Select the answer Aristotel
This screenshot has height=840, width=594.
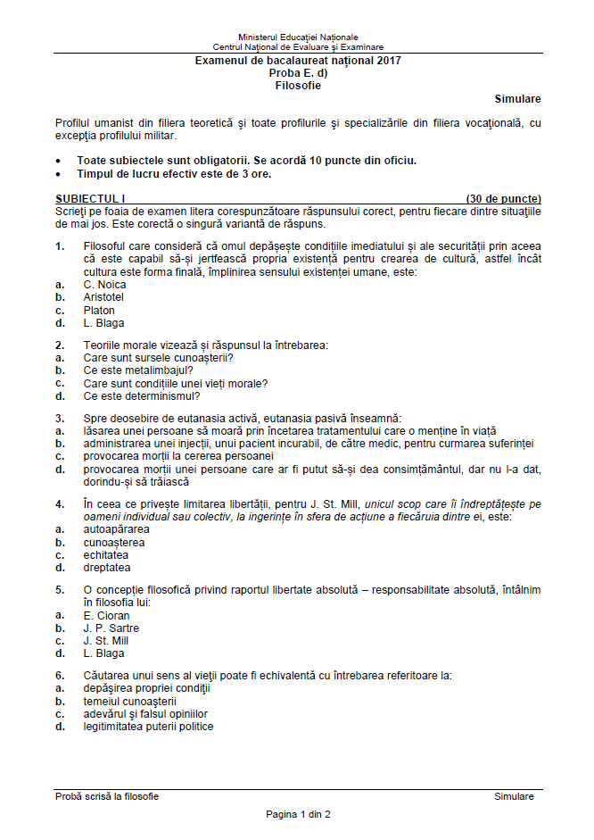[103, 297]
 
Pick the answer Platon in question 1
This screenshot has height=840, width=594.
[99, 311]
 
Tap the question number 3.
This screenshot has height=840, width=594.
[59, 418]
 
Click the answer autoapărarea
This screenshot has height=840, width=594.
[115, 529]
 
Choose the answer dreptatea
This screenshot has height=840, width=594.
[107, 567]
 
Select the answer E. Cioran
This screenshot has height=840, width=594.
[107, 615]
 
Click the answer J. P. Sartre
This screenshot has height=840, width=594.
[111, 628]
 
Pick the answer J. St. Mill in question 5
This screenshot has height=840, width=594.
[106, 640]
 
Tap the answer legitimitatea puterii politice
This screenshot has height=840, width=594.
[149, 727]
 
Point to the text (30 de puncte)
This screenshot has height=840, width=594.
[503, 198]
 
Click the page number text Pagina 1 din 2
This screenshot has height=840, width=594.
[298, 814]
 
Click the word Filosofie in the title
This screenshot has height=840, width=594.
[298, 87]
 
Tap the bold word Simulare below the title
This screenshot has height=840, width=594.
[517, 99]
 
